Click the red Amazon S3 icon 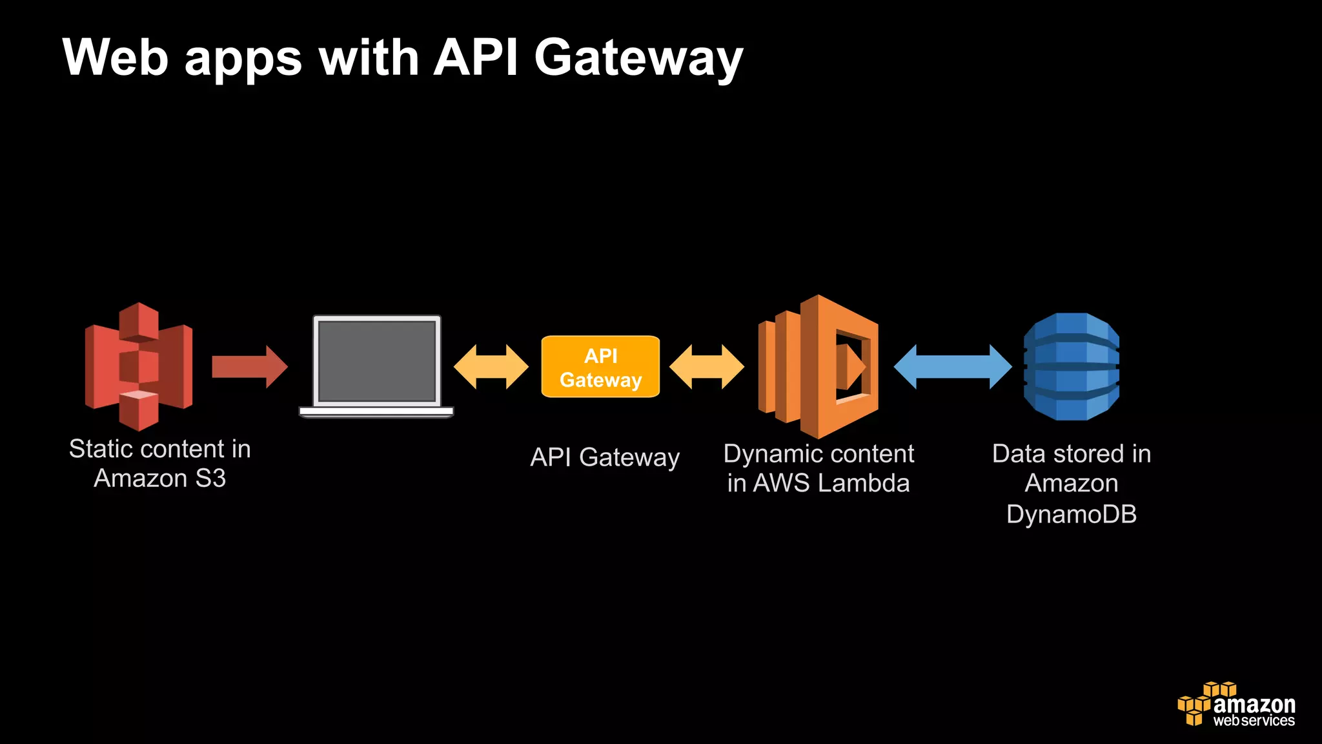(138, 366)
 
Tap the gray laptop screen (377, 362)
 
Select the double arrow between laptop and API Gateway (491, 366)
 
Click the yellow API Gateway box (600, 367)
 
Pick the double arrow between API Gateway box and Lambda (706, 366)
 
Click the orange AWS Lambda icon (819, 366)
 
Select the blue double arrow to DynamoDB (952, 366)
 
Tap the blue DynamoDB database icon (1072, 366)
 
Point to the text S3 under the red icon (210, 479)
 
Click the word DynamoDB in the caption (1072, 515)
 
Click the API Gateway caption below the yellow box (605, 457)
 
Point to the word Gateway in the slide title (639, 58)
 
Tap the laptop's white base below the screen (376, 411)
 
